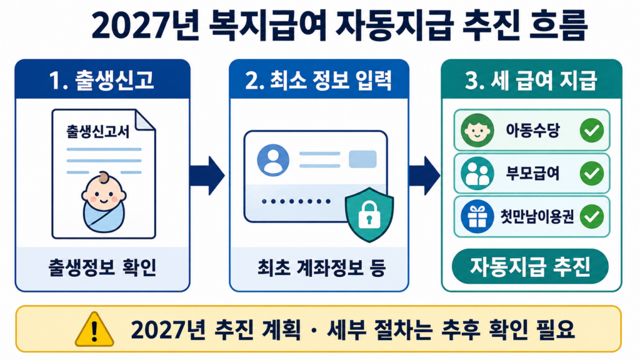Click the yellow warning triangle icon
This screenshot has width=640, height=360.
click(x=94, y=330)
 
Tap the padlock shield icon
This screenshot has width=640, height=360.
click(x=369, y=214)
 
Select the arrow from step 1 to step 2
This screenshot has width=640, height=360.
click(x=207, y=176)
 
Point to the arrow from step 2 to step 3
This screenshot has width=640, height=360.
click(x=424, y=176)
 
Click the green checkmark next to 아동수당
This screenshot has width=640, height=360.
click(x=592, y=130)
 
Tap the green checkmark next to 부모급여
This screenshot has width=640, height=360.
click(x=592, y=174)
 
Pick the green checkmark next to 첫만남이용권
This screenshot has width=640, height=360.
click(x=592, y=216)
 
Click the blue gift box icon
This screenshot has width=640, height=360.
click(x=477, y=217)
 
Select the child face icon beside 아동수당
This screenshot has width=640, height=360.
click(x=477, y=130)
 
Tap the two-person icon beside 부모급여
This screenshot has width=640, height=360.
click(x=477, y=174)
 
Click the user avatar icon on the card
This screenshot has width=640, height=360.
click(x=273, y=160)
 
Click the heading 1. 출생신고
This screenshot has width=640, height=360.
click(x=101, y=80)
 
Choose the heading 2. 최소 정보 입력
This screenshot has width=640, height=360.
click(x=319, y=80)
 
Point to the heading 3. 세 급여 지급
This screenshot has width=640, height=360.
click(x=531, y=80)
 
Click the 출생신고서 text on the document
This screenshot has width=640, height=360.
click(x=98, y=131)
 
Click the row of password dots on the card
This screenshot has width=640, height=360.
click(x=296, y=201)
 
